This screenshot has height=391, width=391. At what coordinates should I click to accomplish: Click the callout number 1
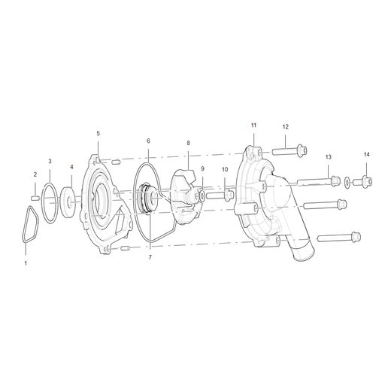point(26,264)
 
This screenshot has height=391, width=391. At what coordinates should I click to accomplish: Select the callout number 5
point(98,133)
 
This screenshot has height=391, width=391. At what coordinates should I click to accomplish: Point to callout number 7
point(150,257)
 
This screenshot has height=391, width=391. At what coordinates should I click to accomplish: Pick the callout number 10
point(224,170)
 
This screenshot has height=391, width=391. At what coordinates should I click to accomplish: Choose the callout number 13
point(328,156)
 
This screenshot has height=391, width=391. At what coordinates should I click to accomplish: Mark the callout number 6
point(148,141)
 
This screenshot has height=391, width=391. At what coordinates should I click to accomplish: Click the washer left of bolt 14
point(347,182)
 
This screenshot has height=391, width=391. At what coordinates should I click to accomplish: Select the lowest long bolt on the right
point(335,238)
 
